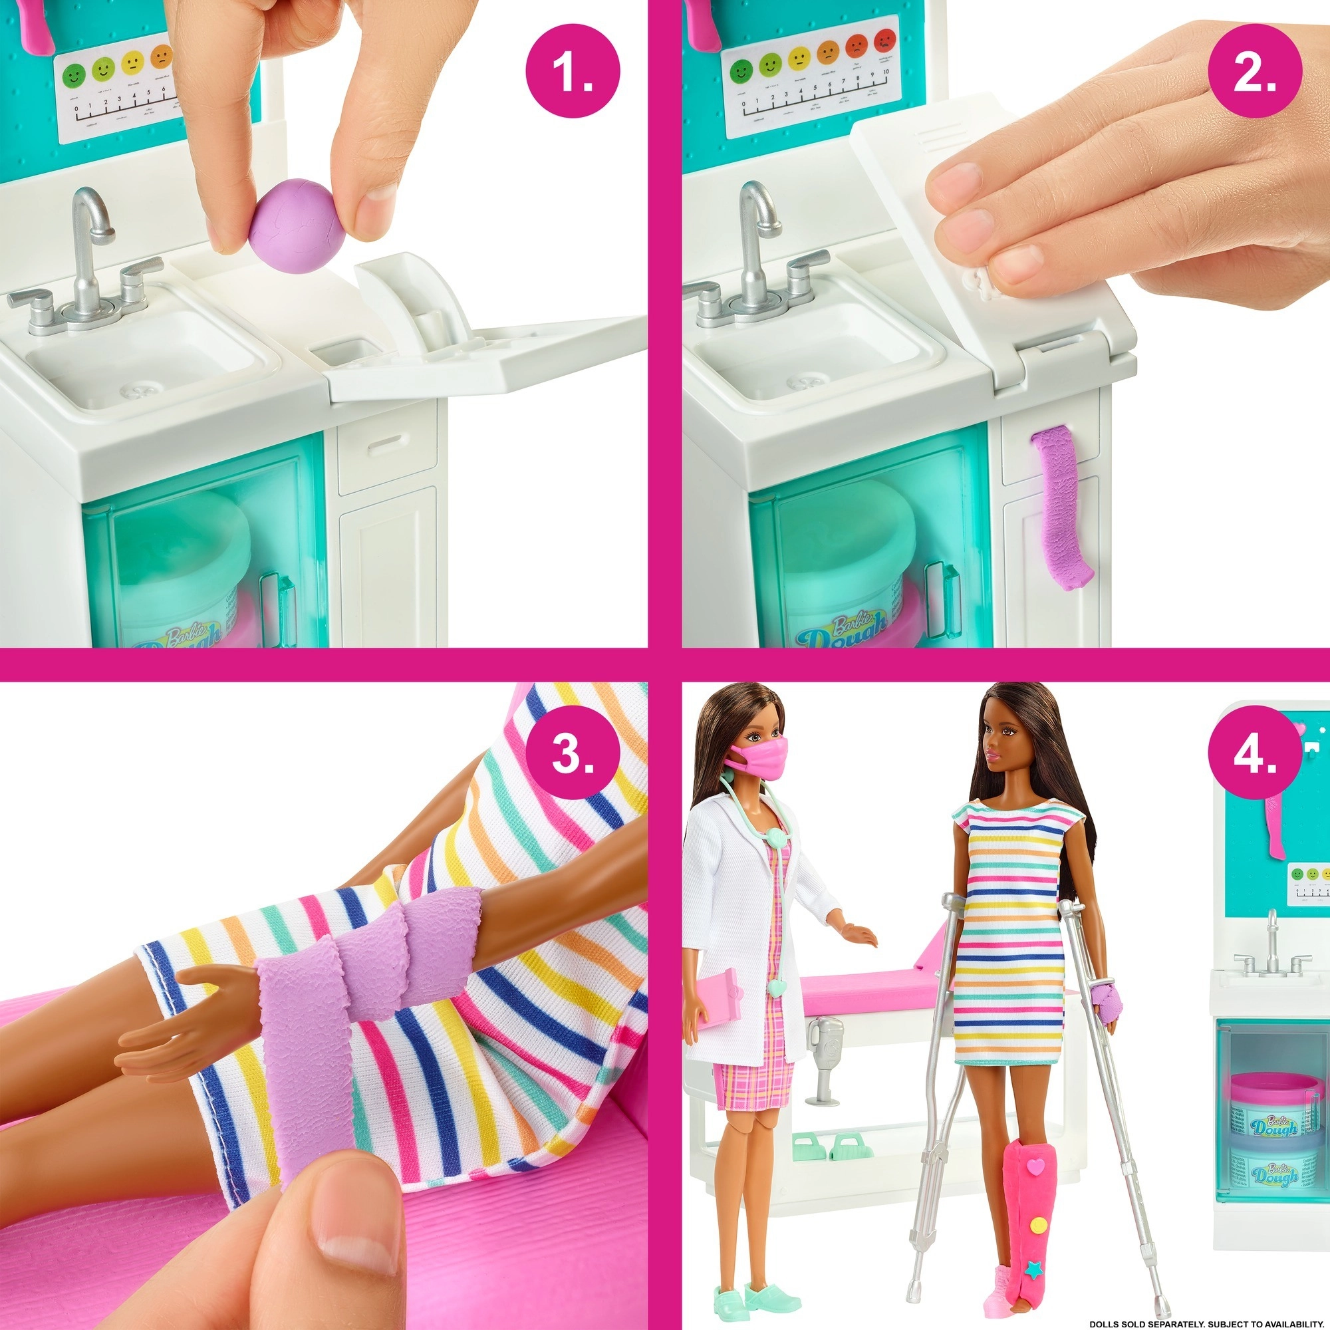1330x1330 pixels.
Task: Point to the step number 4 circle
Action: [x=1255, y=755]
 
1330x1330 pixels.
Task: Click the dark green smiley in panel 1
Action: [x=75, y=74]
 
